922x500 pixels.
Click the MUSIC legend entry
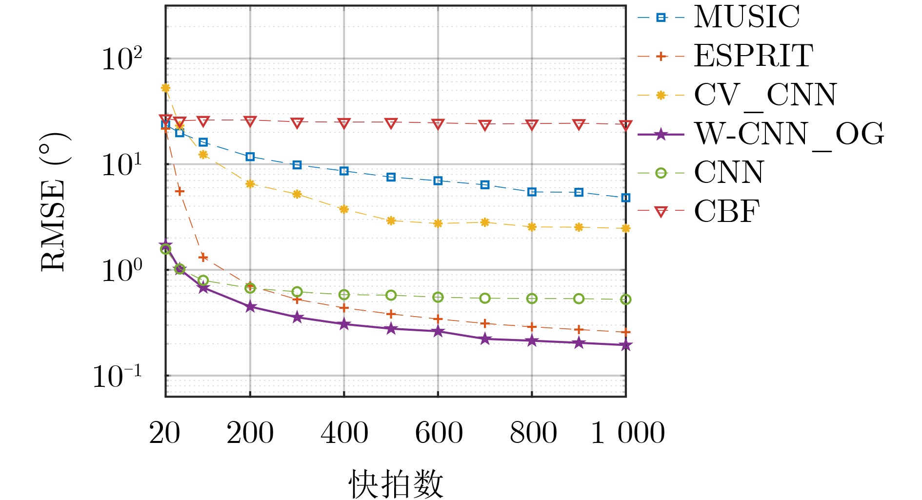746,18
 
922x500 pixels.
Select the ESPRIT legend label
753,56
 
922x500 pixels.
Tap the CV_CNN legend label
765,95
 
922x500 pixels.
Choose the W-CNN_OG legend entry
788,134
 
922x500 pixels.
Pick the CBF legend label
727,212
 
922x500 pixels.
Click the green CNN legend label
729,173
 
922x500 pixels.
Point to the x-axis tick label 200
250,433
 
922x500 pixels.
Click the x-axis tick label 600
439,433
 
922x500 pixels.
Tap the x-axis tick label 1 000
627,433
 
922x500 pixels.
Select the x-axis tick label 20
165,433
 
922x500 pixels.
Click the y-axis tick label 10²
121,60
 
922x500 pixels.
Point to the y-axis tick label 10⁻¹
117,377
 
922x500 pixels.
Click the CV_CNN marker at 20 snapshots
165,88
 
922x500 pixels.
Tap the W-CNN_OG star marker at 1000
626,345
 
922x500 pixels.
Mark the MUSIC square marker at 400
344,171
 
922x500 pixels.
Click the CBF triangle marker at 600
438,124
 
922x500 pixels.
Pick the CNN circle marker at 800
532,299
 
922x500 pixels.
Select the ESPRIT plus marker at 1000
626,332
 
